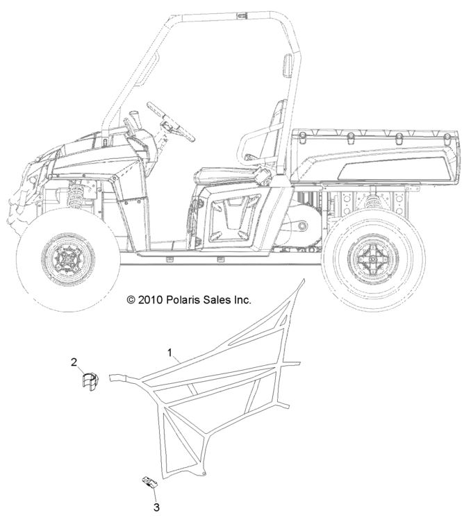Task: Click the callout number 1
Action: [x=170, y=352]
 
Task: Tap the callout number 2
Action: [x=74, y=362]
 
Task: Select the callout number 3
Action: [x=156, y=508]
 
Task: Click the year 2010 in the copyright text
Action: [x=150, y=300]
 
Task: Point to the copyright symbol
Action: [x=131, y=301]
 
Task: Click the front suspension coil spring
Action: [x=75, y=194]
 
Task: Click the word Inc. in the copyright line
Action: [x=242, y=300]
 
